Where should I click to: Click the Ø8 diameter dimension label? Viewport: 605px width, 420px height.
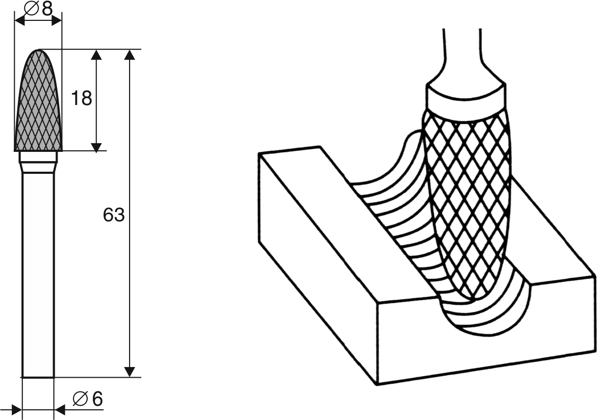[x=38, y=8]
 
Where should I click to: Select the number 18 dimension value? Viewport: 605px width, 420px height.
[x=82, y=98]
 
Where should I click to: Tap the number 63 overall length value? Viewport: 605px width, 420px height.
[x=114, y=215]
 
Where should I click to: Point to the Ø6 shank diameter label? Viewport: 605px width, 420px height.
[x=88, y=399]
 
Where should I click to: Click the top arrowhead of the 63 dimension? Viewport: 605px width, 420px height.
[x=130, y=55]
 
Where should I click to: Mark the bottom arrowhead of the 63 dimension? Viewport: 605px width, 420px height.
[x=130, y=372]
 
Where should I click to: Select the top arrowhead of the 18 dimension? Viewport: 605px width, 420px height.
[x=96, y=55]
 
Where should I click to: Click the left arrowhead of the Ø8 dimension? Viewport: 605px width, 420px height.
[x=19, y=21]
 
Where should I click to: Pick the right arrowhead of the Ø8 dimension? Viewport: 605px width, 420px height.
[x=57, y=21]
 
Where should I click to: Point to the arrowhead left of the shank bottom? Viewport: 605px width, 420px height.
[x=17, y=410]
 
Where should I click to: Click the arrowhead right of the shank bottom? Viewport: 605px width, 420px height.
[x=59, y=410]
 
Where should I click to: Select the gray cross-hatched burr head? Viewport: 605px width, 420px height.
[x=38, y=100]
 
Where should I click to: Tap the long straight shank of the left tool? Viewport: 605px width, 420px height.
[x=38, y=275]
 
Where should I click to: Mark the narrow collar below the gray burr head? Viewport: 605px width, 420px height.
[x=38, y=162]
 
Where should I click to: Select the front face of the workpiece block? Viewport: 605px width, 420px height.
[x=486, y=332]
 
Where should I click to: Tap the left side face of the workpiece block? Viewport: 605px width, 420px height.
[x=317, y=266]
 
